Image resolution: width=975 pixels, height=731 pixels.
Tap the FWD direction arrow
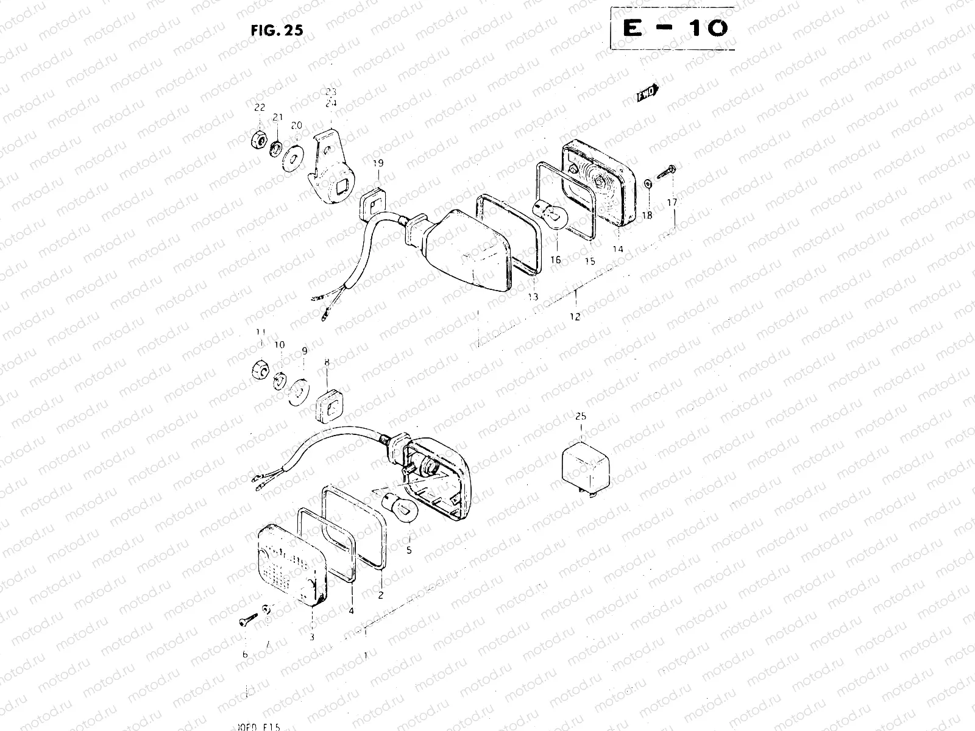648,93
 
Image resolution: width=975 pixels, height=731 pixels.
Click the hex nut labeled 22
258,139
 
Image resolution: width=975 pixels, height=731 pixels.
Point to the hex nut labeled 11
261,369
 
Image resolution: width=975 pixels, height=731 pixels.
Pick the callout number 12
575,316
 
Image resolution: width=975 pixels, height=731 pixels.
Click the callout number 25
580,417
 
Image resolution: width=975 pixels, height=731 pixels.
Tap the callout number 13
533,297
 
